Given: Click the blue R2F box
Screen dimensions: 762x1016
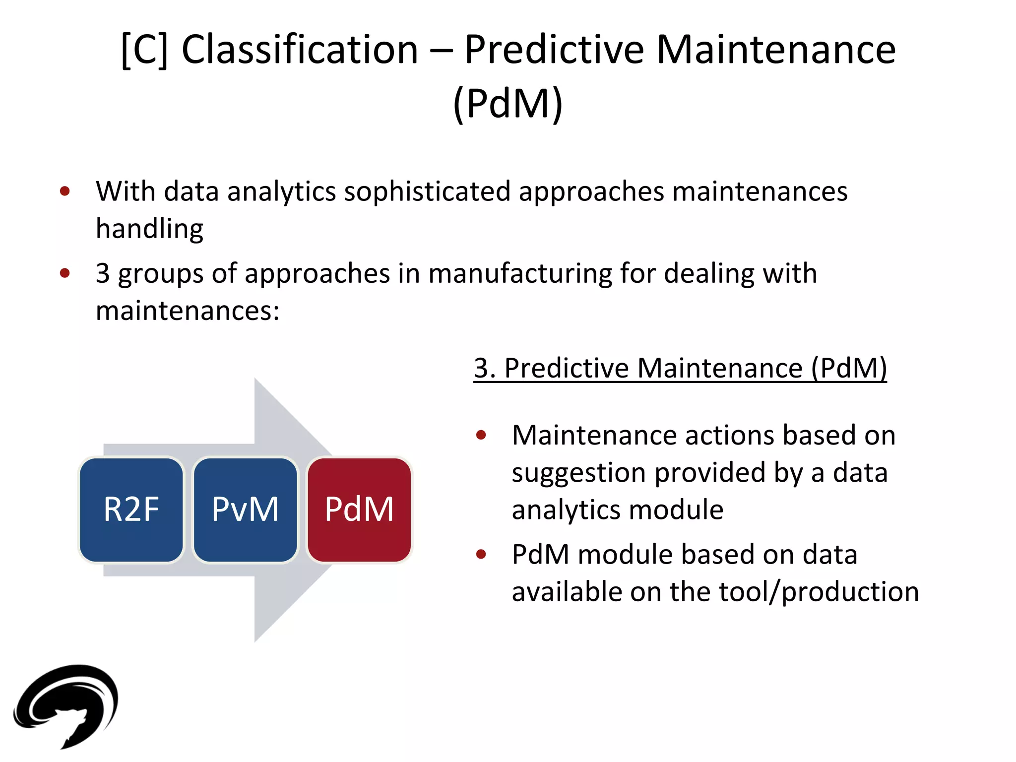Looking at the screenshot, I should coord(131,509).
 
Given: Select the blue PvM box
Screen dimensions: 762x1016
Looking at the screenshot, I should coord(245,509).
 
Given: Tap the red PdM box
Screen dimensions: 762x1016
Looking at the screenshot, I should coord(359,509).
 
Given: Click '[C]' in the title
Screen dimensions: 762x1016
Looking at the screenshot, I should coord(144,50).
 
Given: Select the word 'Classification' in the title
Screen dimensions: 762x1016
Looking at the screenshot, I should coord(300,50).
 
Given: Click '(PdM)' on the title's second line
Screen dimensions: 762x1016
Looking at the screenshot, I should coord(508,103).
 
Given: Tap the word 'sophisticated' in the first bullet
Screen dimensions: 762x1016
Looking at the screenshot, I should coord(427,191).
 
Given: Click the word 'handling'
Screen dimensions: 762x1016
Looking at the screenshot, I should coord(149,229).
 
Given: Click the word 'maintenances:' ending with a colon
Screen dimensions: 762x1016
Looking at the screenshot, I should coord(188,311).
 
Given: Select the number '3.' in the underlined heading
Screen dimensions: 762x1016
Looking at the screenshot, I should coord(485,368).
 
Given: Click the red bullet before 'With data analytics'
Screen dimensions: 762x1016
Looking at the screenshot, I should coord(65,191).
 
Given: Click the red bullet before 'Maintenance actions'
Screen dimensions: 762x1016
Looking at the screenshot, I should coord(481,435).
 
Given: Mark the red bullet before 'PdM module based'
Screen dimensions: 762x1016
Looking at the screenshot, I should coord(481,554).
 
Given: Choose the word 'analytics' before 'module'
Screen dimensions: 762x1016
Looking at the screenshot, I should coord(566,510).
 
